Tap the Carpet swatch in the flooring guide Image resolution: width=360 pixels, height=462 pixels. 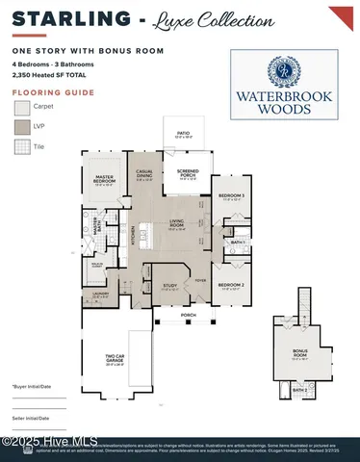pos(20,107)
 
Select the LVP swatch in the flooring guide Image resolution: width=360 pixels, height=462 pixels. pos(20,126)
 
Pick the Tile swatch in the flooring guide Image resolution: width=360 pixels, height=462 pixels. pos(20,146)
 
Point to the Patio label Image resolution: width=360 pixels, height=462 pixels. pos(183,136)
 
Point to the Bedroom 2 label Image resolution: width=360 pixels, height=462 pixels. pos(229,286)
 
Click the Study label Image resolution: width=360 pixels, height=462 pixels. pos(169,286)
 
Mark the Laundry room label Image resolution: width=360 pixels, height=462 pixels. pos(100,295)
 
